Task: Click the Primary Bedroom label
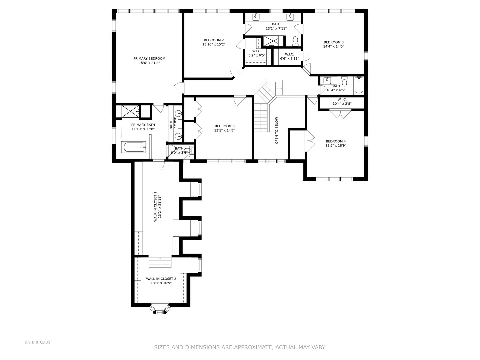pos(149,59)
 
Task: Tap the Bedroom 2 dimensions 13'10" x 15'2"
pos(214,44)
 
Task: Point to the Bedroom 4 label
pos(336,141)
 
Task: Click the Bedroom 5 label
pos(225,126)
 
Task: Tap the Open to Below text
pos(277,130)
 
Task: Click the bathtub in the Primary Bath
pos(134,147)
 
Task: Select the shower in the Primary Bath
pos(130,111)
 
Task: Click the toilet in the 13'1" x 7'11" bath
pos(295,41)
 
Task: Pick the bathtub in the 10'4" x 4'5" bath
pos(359,85)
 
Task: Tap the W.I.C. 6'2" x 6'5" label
pos(257,53)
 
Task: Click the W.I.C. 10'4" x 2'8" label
pos(342,102)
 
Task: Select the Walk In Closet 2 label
pos(161,279)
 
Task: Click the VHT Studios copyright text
pos(37,342)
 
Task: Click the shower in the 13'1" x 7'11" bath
pos(271,41)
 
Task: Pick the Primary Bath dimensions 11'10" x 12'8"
pos(143,129)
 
